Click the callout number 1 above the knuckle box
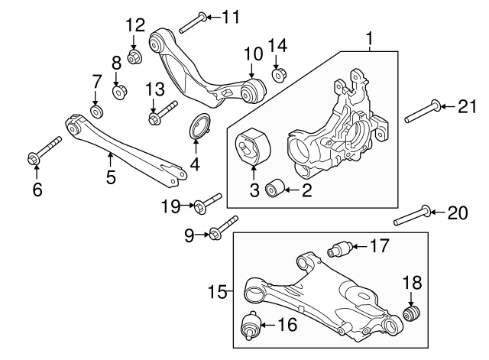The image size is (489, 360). (371, 37)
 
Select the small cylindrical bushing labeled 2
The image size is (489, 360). (274, 189)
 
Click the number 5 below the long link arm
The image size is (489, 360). (111, 178)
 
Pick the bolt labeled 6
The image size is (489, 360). (42, 151)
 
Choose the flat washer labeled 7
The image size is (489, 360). (97, 112)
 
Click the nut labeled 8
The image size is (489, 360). (119, 93)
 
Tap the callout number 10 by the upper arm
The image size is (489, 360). (253, 55)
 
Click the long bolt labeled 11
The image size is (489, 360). (191, 22)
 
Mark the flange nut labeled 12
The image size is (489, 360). (134, 57)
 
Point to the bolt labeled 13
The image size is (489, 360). (161, 113)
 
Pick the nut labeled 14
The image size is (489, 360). (279, 75)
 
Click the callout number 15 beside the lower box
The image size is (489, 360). (219, 291)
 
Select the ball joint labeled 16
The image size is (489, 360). (250, 326)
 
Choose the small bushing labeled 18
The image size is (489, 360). (413, 314)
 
